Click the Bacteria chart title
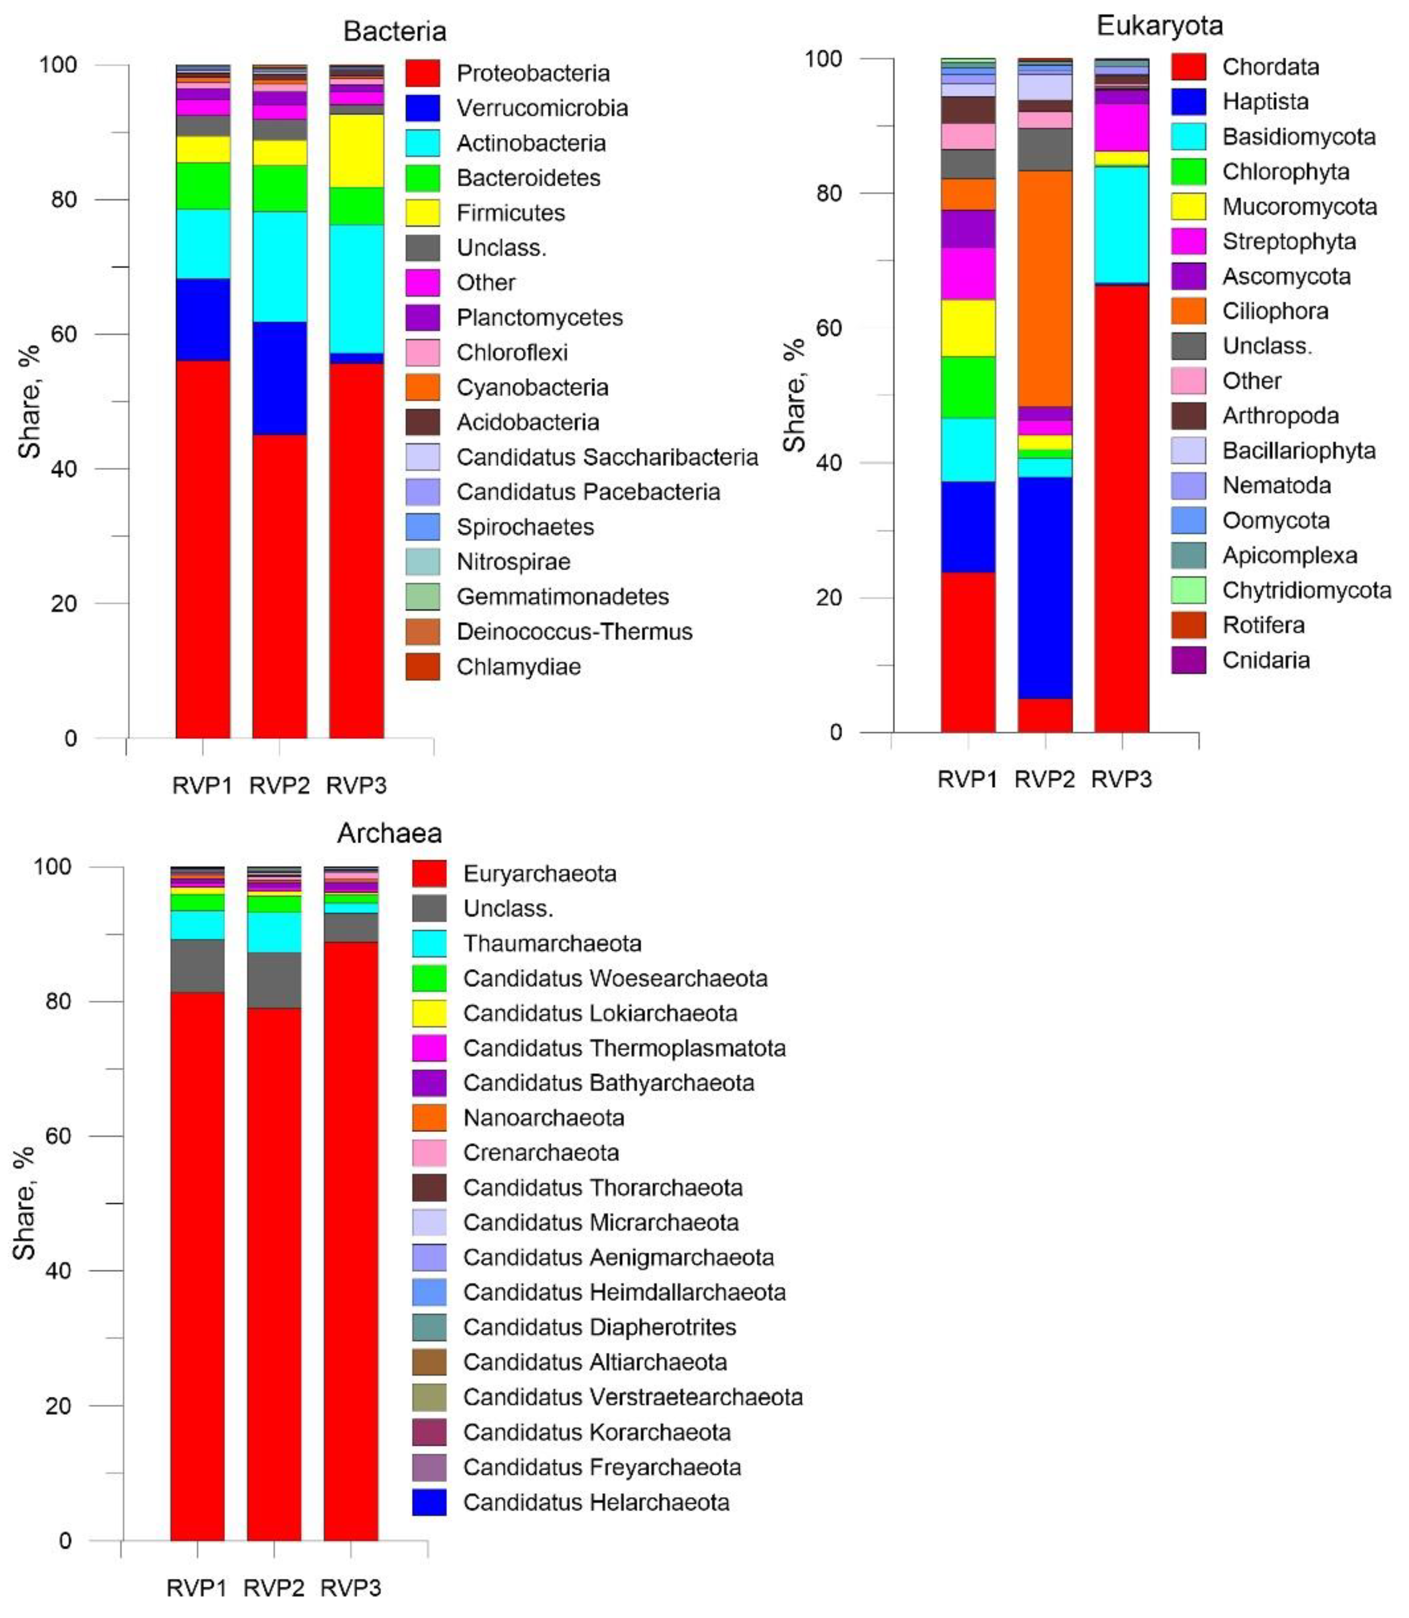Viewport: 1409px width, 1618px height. [394, 31]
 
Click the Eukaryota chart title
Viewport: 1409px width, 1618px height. [1160, 26]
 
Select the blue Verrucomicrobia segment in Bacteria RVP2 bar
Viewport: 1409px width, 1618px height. [279, 378]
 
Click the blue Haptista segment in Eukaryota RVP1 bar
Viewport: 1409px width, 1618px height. [968, 527]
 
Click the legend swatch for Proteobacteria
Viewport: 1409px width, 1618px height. [423, 73]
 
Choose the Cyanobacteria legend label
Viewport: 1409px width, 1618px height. [532, 388]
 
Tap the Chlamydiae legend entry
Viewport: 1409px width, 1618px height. [518, 666]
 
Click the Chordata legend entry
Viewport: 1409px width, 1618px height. [1270, 67]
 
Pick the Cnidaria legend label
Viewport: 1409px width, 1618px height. [1266, 660]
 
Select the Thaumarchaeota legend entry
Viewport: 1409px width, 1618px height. [552, 943]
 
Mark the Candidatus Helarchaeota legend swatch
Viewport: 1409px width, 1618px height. [429, 1502]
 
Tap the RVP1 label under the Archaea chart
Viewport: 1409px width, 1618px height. [197, 1588]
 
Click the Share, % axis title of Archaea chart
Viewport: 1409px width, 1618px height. [25, 1203]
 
